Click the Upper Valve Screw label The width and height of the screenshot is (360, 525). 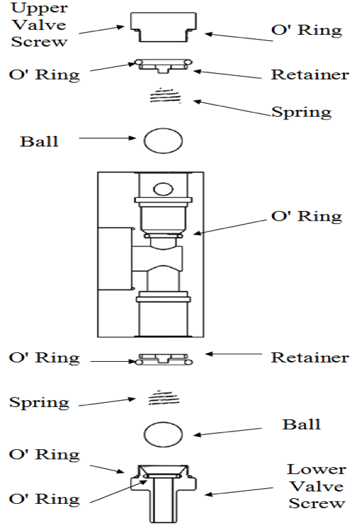pos(39,25)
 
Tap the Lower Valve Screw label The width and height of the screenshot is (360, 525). pos(316,486)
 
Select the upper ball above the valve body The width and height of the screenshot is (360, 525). pos(163,141)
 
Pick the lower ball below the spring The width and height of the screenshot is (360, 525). pos(163,434)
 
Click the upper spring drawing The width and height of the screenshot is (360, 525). pos(165,96)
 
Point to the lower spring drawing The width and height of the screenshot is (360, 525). pos(164,397)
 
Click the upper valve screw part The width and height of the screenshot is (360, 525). pos(163,27)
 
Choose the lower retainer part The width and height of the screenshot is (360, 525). pos(163,360)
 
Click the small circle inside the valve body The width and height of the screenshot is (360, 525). pos(163,189)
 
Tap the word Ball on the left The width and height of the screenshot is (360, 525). pos(39,141)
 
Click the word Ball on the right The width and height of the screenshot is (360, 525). pos(301,424)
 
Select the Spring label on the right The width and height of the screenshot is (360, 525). pos(301,112)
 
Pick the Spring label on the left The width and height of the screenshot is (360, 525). pos(39,402)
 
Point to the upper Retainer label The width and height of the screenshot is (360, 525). pos(309,74)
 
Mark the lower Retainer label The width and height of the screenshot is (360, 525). pos(309,357)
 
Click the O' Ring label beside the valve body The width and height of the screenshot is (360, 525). pos(307,216)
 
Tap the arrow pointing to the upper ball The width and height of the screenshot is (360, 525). pos(107,138)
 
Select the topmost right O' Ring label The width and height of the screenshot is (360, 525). pos(307,30)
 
